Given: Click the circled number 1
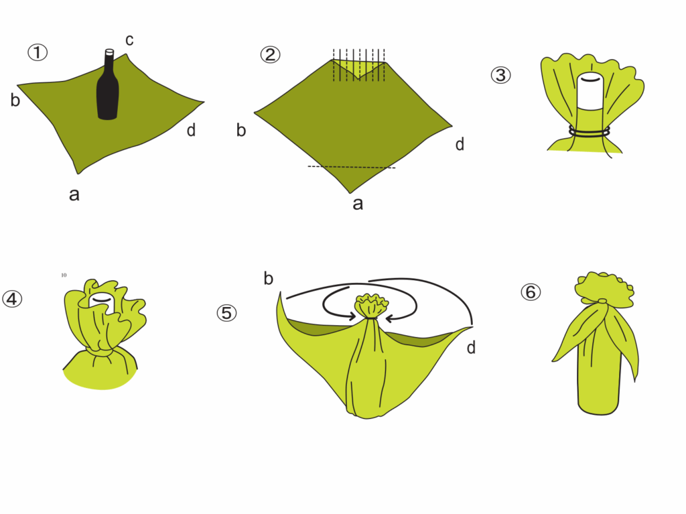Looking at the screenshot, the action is pyautogui.click(x=38, y=52).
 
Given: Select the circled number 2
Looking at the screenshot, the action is pyautogui.click(x=270, y=55).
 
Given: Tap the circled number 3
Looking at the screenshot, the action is pyautogui.click(x=500, y=75).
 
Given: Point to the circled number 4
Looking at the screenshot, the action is pyautogui.click(x=12, y=299).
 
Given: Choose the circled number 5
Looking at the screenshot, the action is pyautogui.click(x=226, y=313).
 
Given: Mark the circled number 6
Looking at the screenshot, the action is pyautogui.click(x=531, y=292).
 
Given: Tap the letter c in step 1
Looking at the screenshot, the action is pyautogui.click(x=129, y=40).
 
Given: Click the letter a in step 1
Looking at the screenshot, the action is pyautogui.click(x=74, y=194).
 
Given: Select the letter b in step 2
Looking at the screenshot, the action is pyautogui.click(x=241, y=130).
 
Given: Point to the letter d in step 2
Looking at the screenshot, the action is pyautogui.click(x=460, y=144).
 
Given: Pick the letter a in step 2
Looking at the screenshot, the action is pyautogui.click(x=358, y=204).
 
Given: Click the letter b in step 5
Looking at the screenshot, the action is pyautogui.click(x=268, y=278).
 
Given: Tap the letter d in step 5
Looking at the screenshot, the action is pyautogui.click(x=471, y=348).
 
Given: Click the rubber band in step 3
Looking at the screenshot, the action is pyautogui.click(x=590, y=131).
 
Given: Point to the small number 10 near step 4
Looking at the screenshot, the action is pyautogui.click(x=64, y=275).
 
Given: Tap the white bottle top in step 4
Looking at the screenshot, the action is pyautogui.click(x=101, y=302).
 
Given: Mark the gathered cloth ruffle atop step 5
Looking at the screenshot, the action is pyautogui.click(x=372, y=305).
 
